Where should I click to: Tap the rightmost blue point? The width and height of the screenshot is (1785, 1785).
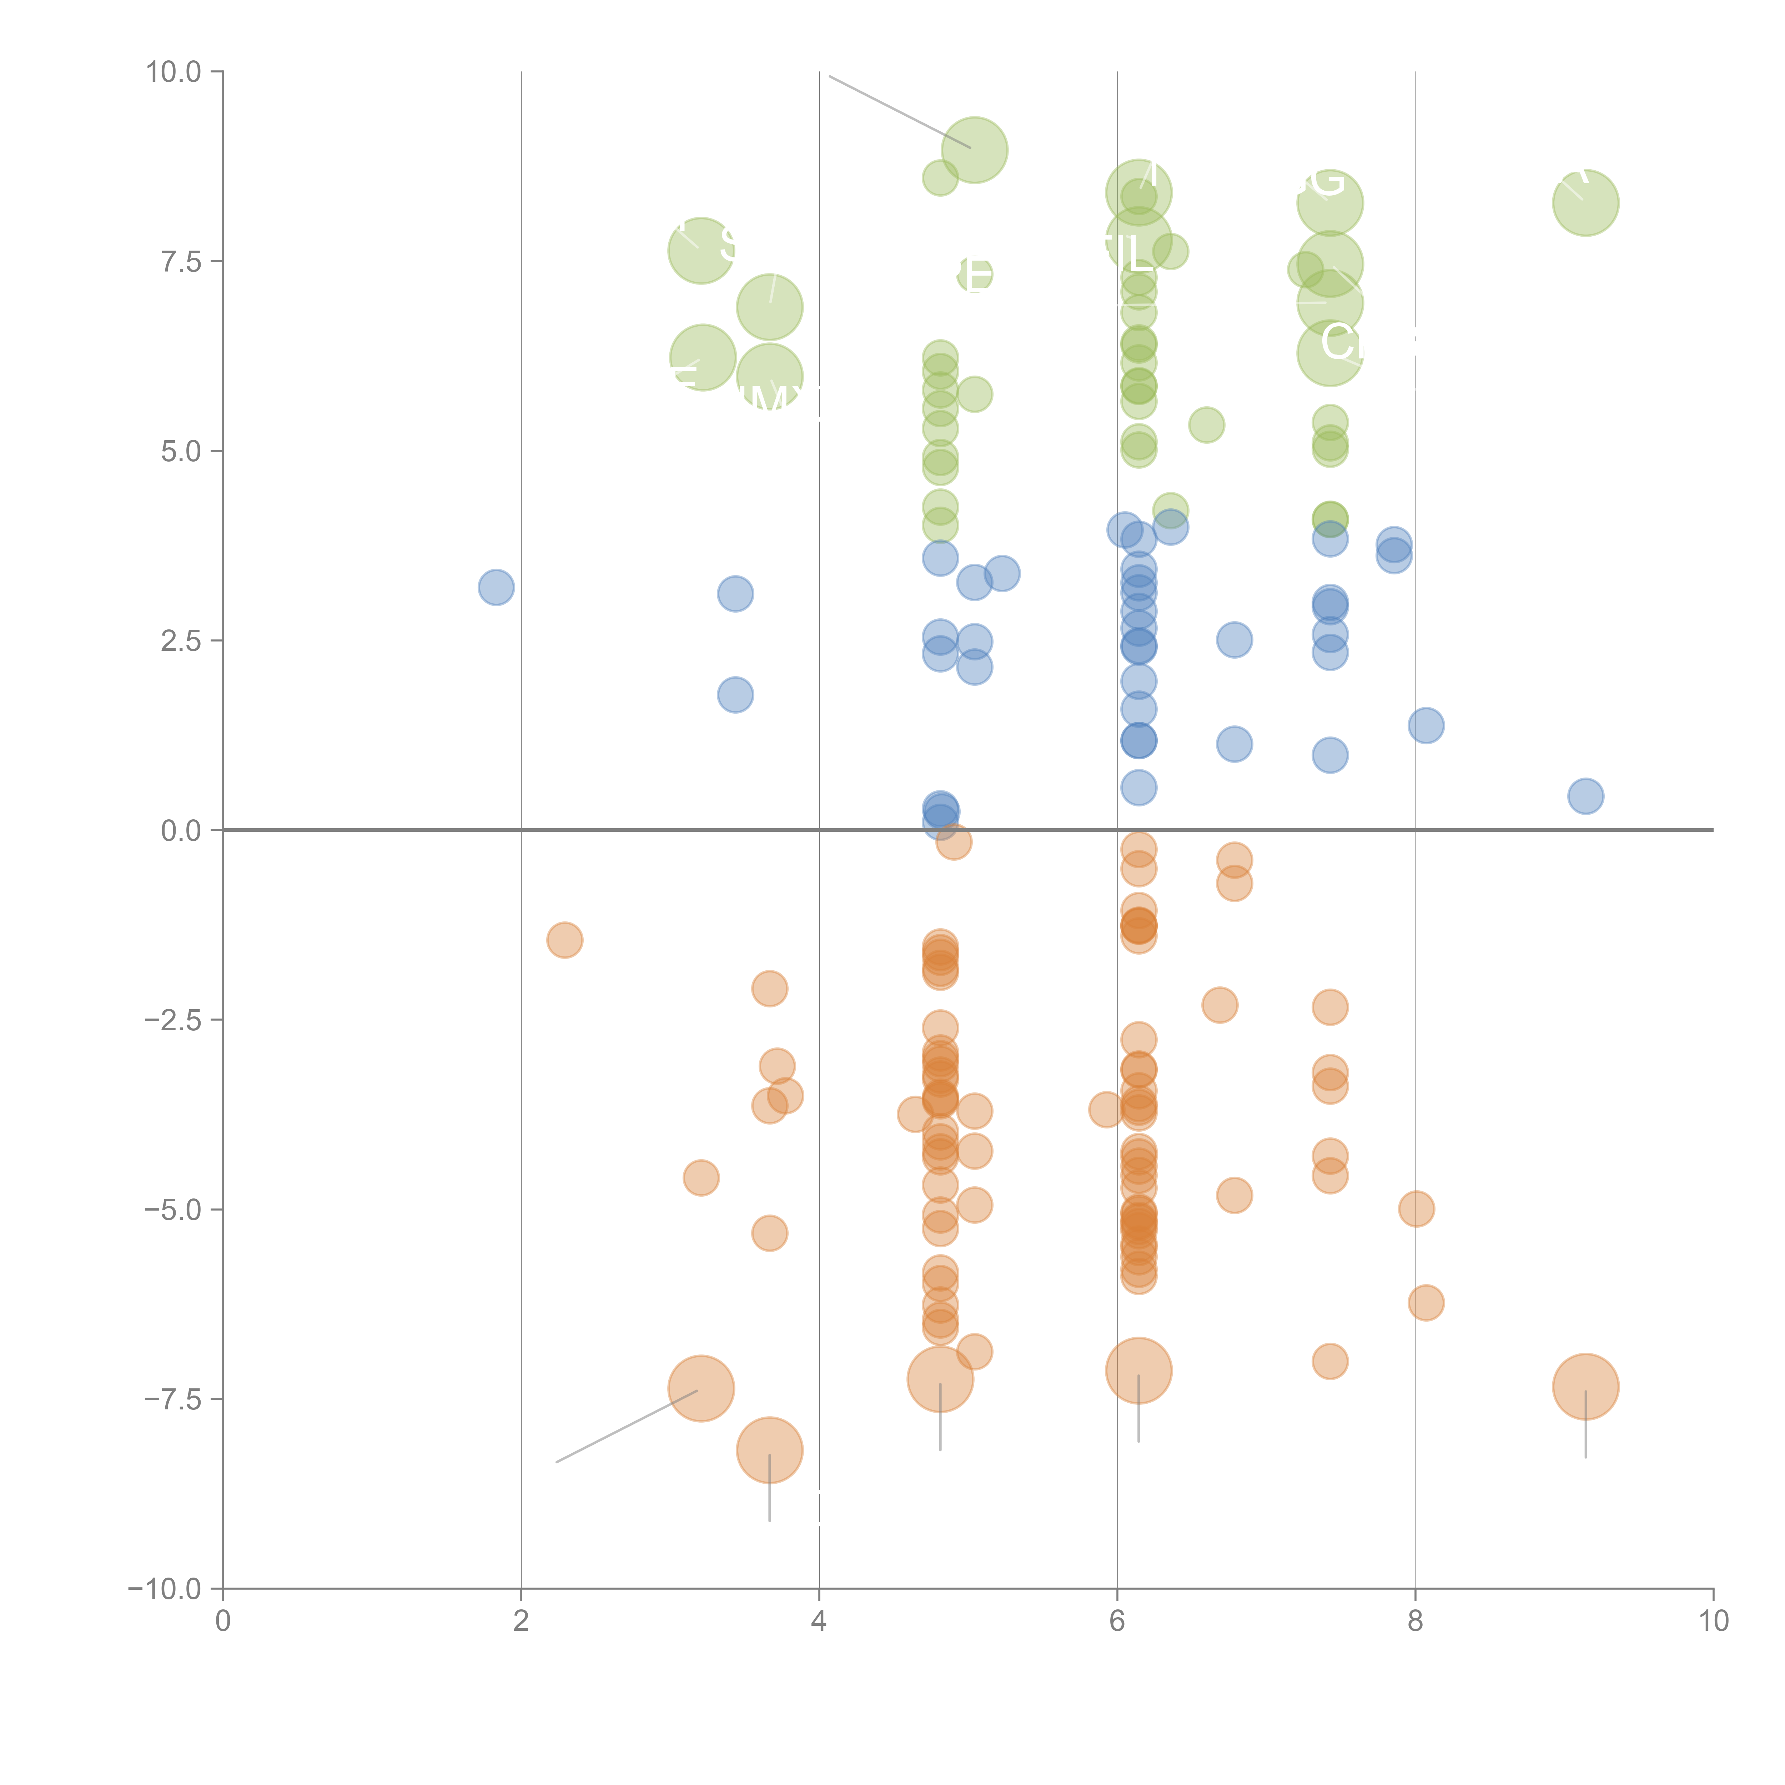(x=1585, y=795)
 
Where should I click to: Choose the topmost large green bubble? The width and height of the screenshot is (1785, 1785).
(x=974, y=150)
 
